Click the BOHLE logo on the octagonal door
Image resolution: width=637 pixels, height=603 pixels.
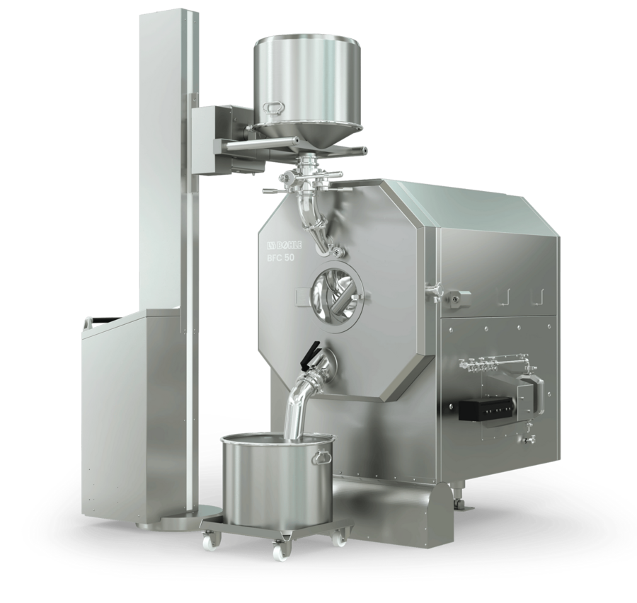285,245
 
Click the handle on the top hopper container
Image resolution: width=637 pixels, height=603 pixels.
272,107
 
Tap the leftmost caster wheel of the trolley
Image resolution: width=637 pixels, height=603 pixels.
212,539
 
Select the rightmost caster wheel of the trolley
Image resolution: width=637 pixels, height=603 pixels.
338,538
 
